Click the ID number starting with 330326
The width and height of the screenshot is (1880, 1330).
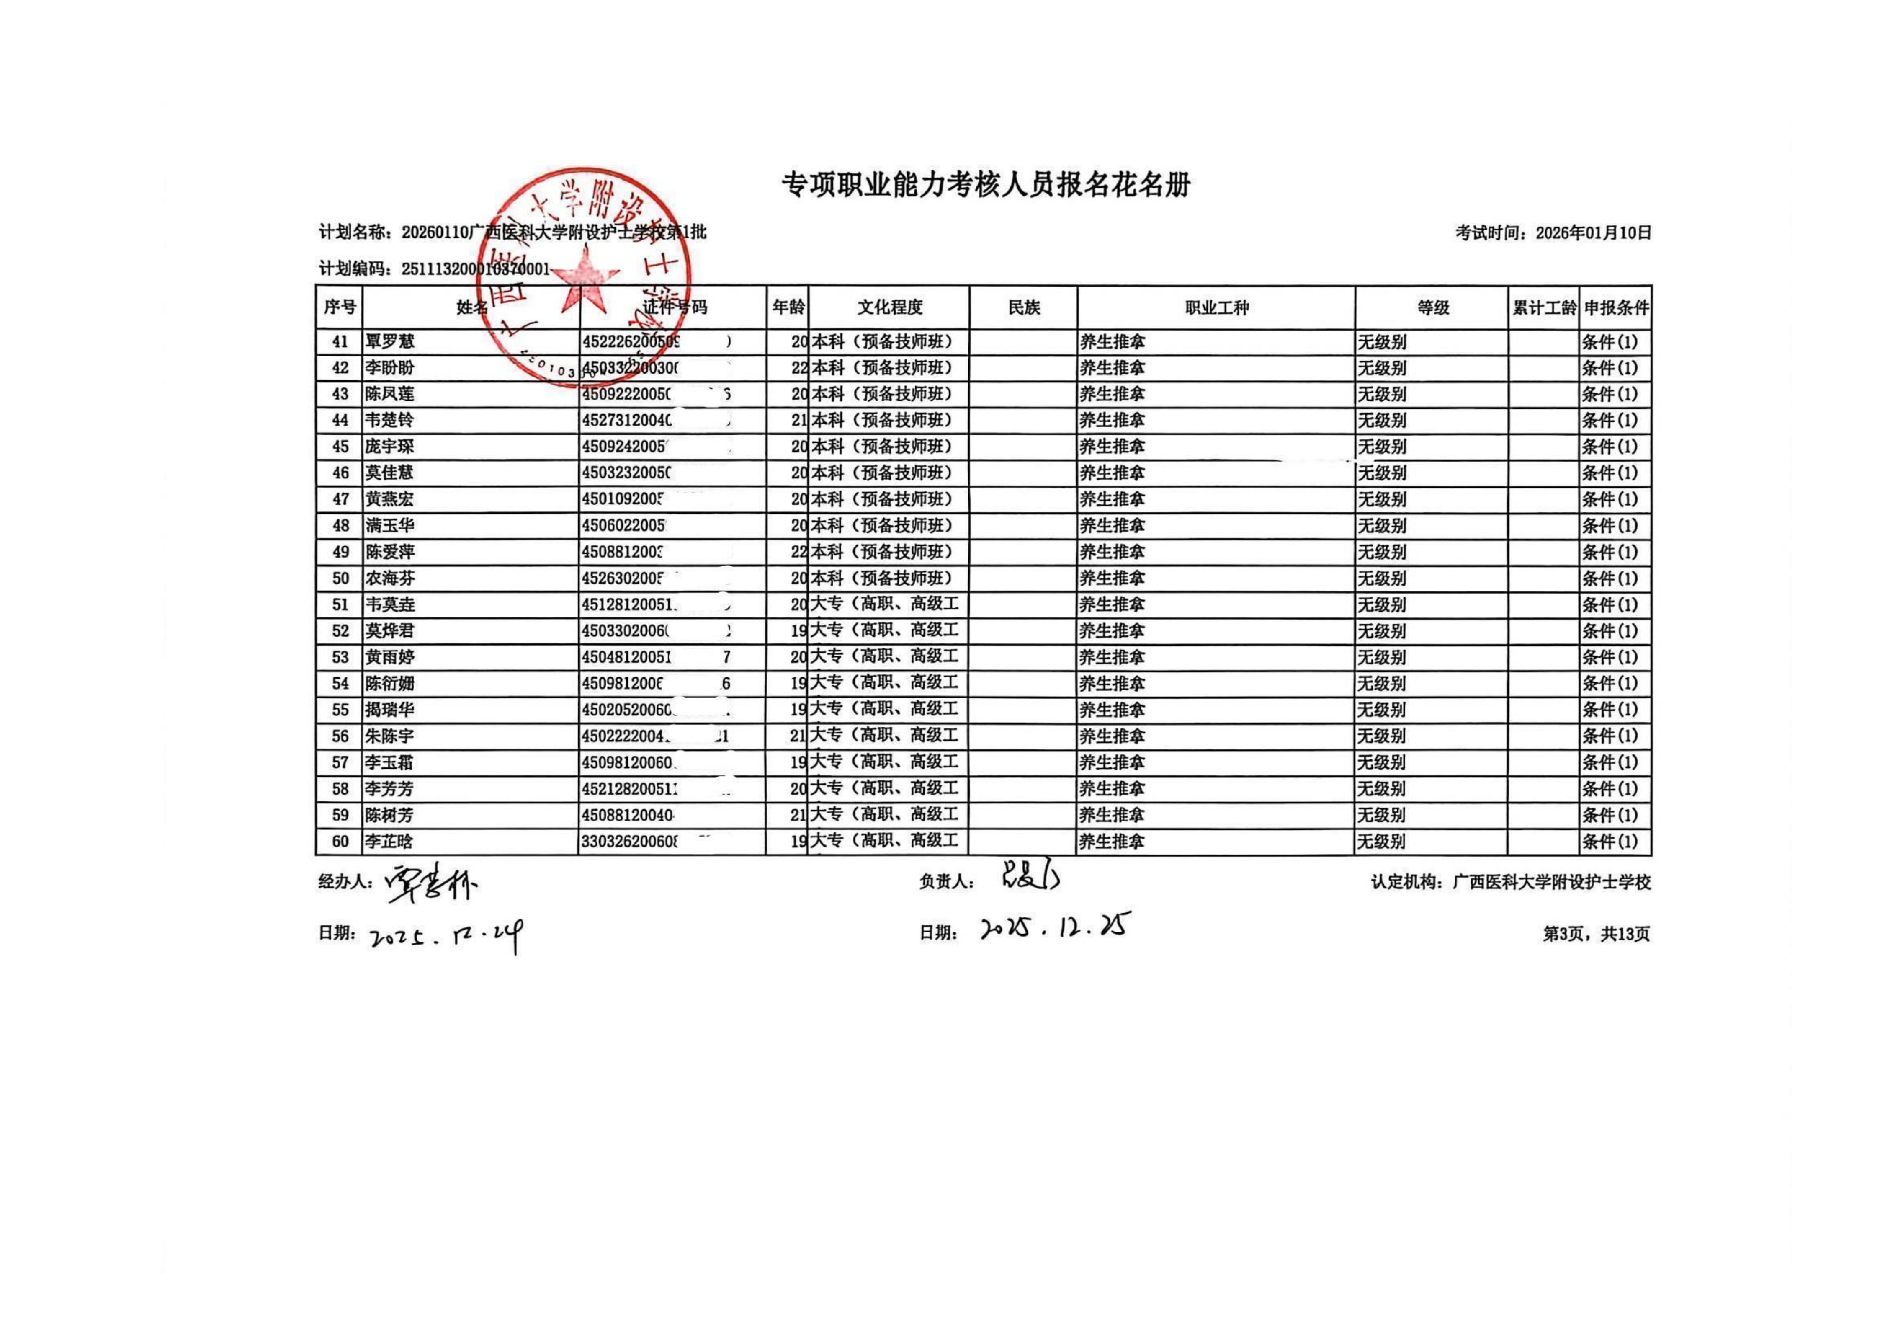pyautogui.click(x=631, y=841)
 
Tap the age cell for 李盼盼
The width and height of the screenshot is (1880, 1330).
pyautogui.click(x=798, y=368)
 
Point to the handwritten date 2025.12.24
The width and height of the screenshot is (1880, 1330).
pyautogui.click(x=446, y=935)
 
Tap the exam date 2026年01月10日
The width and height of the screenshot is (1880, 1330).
pyautogui.click(x=1593, y=232)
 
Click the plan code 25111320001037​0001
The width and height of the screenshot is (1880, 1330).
pyautogui.click(x=475, y=269)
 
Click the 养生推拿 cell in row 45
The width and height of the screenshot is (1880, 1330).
pyautogui.click(x=1112, y=447)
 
